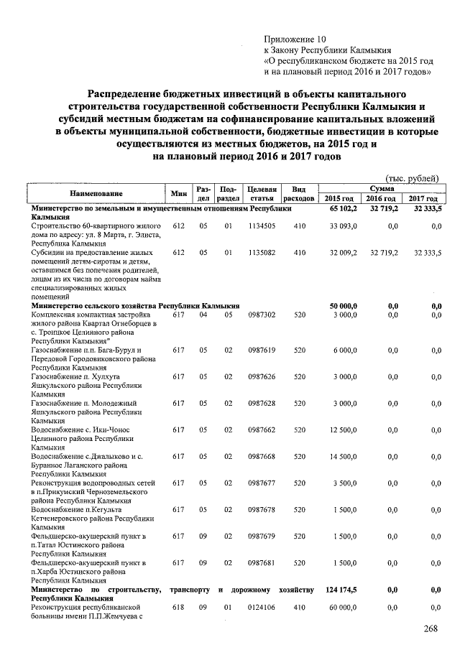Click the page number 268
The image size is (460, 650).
[x=431, y=629]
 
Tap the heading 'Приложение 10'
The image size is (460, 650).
[x=295, y=37]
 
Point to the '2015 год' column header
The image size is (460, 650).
[x=339, y=198]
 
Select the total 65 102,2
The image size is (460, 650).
[x=343, y=208]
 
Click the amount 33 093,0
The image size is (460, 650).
[x=343, y=226]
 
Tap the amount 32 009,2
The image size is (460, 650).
[x=343, y=253]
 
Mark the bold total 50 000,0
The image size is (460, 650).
[x=343, y=306]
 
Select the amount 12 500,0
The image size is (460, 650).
[x=342, y=430]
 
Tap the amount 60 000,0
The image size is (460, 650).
[x=342, y=607]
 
